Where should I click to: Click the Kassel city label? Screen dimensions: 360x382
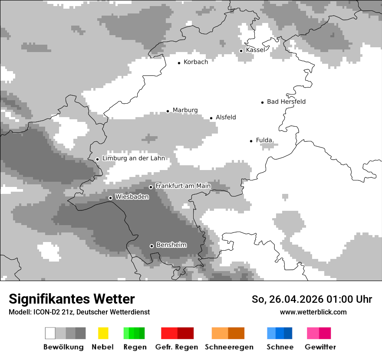click(x=255, y=50)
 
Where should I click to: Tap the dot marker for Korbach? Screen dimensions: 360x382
click(x=179, y=63)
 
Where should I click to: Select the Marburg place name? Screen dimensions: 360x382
click(x=185, y=110)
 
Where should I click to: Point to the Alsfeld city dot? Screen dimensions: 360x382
click(x=211, y=118)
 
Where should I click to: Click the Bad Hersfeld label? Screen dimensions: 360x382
click(x=286, y=101)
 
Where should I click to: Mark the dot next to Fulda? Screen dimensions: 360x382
click(x=251, y=141)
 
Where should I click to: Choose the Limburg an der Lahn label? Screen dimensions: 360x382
click(x=134, y=158)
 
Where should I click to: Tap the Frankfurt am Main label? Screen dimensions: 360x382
click(x=183, y=186)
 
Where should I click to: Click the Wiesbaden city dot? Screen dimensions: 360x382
click(x=110, y=198)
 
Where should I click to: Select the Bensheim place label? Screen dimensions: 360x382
click(x=171, y=245)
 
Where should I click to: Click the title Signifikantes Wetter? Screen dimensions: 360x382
click(x=72, y=299)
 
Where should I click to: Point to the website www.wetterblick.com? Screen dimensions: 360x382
click(x=313, y=312)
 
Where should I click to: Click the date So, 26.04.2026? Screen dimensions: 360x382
click(x=288, y=299)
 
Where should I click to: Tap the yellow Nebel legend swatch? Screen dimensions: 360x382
click(x=103, y=333)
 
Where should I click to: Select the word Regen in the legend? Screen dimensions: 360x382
click(x=134, y=347)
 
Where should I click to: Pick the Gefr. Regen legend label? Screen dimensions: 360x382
click(x=177, y=347)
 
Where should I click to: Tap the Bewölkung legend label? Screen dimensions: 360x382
click(x=63, y=347)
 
